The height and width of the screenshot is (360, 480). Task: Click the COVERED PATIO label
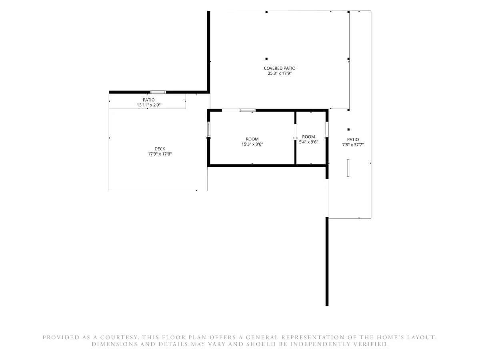click(280, 68)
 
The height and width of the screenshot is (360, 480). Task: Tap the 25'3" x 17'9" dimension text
click(280, 74)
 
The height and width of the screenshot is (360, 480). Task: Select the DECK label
click(160, 149)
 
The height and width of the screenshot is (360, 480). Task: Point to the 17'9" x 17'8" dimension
click(160, 154)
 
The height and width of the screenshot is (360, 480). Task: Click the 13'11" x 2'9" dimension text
click(148, 105)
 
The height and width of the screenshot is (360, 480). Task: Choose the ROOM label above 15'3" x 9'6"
click(252, 139)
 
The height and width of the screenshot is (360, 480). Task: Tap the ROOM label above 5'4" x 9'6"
click(308, 137)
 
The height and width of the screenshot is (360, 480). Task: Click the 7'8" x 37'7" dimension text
click(353, 145)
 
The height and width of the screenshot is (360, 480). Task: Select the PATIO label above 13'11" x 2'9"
click(148, 100)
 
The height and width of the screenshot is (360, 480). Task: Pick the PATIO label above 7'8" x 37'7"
click(353, 140)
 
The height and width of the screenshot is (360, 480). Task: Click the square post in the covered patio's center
click(266, 59)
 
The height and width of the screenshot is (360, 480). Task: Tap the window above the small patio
click(158, 92)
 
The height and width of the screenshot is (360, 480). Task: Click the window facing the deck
click(209, 129)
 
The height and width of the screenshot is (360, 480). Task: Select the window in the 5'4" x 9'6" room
click(327, 129)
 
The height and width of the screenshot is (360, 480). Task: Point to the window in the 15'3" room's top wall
click(247, 110)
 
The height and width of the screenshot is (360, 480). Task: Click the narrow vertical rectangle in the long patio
click(348, 168)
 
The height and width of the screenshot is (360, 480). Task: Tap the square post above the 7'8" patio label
click(348, 130)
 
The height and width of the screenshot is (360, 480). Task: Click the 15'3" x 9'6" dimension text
click(252, 144)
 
